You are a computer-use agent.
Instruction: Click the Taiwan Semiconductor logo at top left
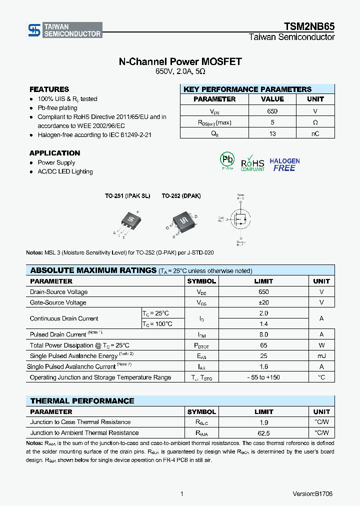pos(64,30)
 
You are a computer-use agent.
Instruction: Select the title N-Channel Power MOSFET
pos(180,61)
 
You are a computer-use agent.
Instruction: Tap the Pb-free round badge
pos(227,160)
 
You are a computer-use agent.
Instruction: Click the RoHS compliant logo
pos(252,163)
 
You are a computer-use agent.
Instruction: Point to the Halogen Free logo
pos(284,165)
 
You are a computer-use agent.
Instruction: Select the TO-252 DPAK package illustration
pos(183,220)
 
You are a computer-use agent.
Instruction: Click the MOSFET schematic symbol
pos(240,219)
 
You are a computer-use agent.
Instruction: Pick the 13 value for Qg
pos(272,133)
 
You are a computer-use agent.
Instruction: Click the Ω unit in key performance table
pos(315,122)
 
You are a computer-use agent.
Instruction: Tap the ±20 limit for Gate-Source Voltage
pos(263,302)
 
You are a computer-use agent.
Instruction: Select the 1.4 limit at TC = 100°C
pos(263,324)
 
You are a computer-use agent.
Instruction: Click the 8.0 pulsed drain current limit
pos(263,334)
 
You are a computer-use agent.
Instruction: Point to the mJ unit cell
pos(321,356)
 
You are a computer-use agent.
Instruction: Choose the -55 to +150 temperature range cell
pos(263,377)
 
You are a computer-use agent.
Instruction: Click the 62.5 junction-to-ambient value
pos(263,433)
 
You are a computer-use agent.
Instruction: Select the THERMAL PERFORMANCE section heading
pos(82,401)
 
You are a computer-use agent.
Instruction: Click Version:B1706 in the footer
pos(312,493)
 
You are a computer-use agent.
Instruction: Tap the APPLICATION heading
pos(54,153)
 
